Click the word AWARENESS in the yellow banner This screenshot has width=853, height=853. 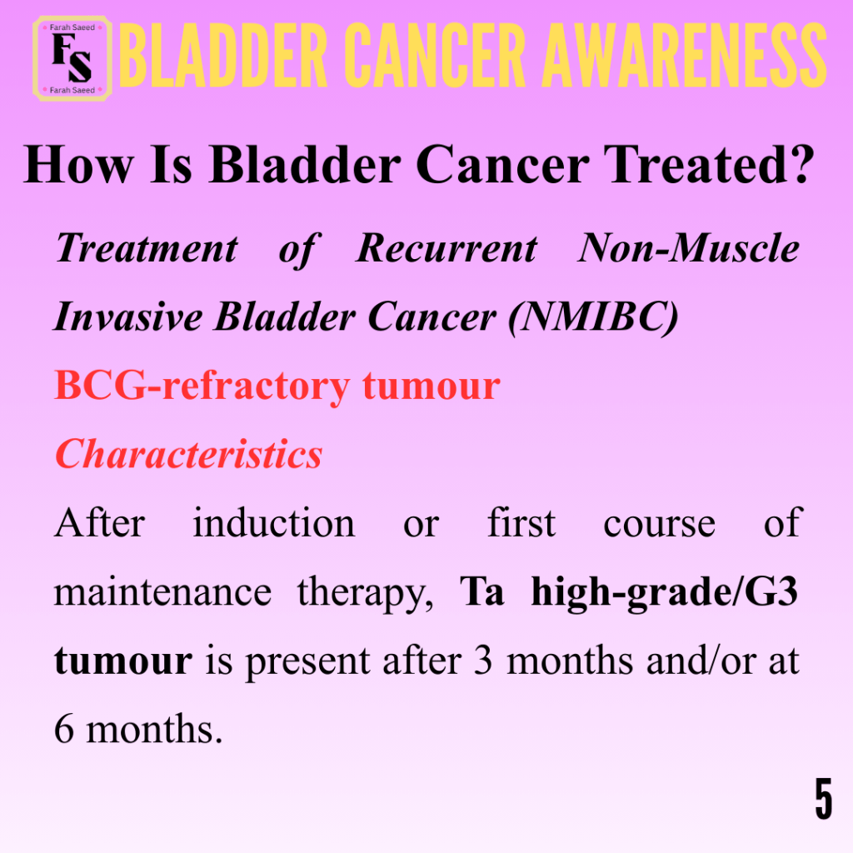coord(685,55)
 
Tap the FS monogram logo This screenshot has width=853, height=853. coord(72,58)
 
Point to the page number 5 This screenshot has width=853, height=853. coord(824,798)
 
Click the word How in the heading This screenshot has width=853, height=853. coord(78,164)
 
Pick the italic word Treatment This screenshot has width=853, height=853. coord(147,248)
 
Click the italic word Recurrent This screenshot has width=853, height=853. coord(446,248)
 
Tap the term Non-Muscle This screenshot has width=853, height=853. coord(689,248)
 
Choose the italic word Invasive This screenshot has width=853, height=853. coord(127,317)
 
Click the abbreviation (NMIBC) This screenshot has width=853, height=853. coord(593,317)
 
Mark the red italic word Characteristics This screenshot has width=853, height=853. coord(189,454)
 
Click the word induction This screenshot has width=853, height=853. coord(273,523)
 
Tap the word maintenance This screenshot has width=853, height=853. coord(162,592)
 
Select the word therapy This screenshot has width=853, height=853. coord(365,593)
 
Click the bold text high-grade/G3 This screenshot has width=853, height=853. coord(664,592)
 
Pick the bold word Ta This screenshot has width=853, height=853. coord(482,591)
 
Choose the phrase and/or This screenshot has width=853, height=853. coord(701,661)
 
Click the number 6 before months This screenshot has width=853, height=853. coord(64,729)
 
